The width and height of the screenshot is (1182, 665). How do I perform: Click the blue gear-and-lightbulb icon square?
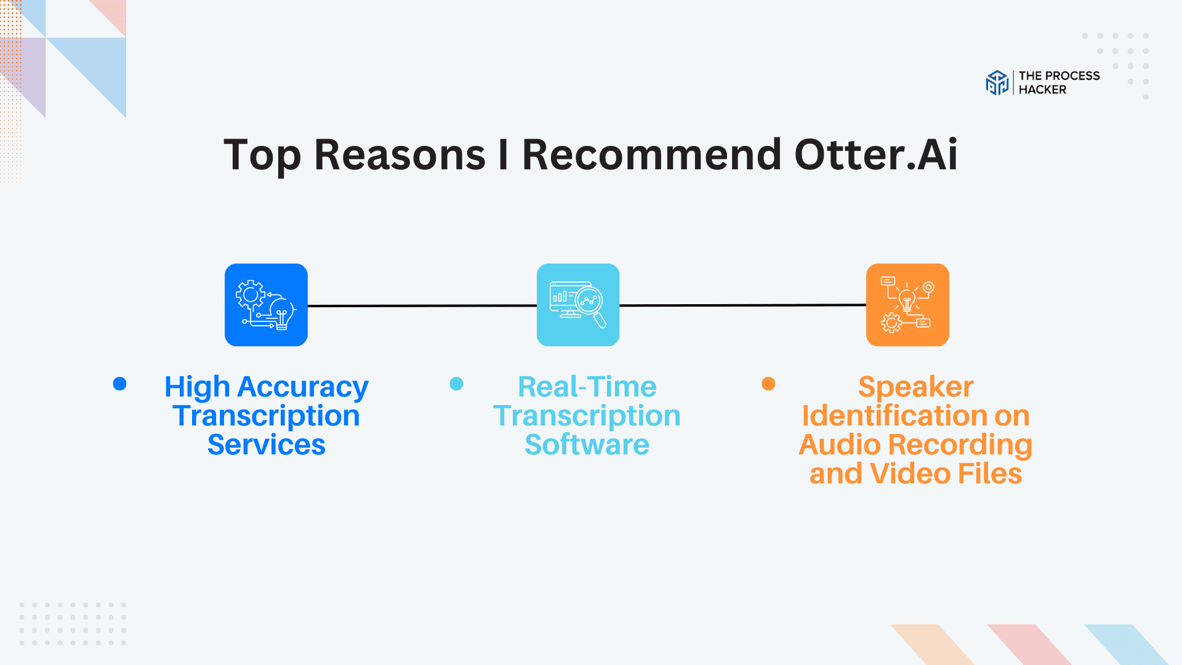click(266, 305)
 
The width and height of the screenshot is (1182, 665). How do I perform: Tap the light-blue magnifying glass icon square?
click(578, 305)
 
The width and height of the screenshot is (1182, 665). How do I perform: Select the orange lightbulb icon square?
click(907, 305)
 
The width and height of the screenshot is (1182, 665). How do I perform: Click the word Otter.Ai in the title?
click(875, 155)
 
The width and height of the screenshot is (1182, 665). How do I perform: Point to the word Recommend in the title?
click(651, 155)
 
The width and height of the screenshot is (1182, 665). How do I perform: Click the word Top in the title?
click(262, 156)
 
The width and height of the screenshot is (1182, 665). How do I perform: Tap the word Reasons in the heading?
click(400, 155)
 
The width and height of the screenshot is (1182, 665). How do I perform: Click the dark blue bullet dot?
click(120, 384)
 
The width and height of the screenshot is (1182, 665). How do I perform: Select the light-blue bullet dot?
click(456, 384)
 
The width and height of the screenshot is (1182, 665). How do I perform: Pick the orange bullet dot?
click(768, 384)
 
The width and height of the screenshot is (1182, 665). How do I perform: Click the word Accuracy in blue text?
click(303, 388)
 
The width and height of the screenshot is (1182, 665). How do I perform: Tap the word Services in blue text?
click(266, 445)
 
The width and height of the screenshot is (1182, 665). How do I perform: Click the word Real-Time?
click(587, 387)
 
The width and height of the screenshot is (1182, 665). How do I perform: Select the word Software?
click(587, 445)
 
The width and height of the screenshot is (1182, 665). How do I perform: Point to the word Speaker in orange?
click(915, 388)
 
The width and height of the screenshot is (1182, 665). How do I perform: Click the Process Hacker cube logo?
click(997, 83)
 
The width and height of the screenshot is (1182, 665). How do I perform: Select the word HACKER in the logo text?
click(1042, 90)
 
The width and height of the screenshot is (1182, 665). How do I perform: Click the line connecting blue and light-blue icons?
click(422, 305)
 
